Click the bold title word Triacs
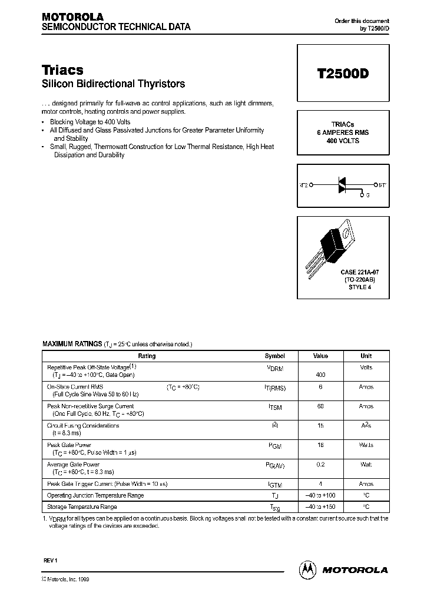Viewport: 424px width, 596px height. [62, 69]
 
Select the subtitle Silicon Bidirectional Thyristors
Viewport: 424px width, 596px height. [113, 84]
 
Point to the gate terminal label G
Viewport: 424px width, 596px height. [368, 195]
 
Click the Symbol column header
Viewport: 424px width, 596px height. [274, 356]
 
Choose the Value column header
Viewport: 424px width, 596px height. [320, 356]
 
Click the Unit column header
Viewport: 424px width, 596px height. [366, 356]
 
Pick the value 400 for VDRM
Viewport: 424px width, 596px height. [320, 375]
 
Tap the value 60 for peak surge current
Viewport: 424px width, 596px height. [320, 406]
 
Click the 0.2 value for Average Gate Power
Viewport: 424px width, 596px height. [320, 465]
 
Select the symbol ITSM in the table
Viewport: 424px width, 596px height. [274, 407]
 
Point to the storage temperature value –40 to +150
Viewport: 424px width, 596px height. [320, 506]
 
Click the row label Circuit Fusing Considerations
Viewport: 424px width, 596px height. [83, 425]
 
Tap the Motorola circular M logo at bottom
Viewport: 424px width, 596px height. [307, 569]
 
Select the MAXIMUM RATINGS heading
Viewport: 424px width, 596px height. [72, 343]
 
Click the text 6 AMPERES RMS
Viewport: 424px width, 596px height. [342, 133]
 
